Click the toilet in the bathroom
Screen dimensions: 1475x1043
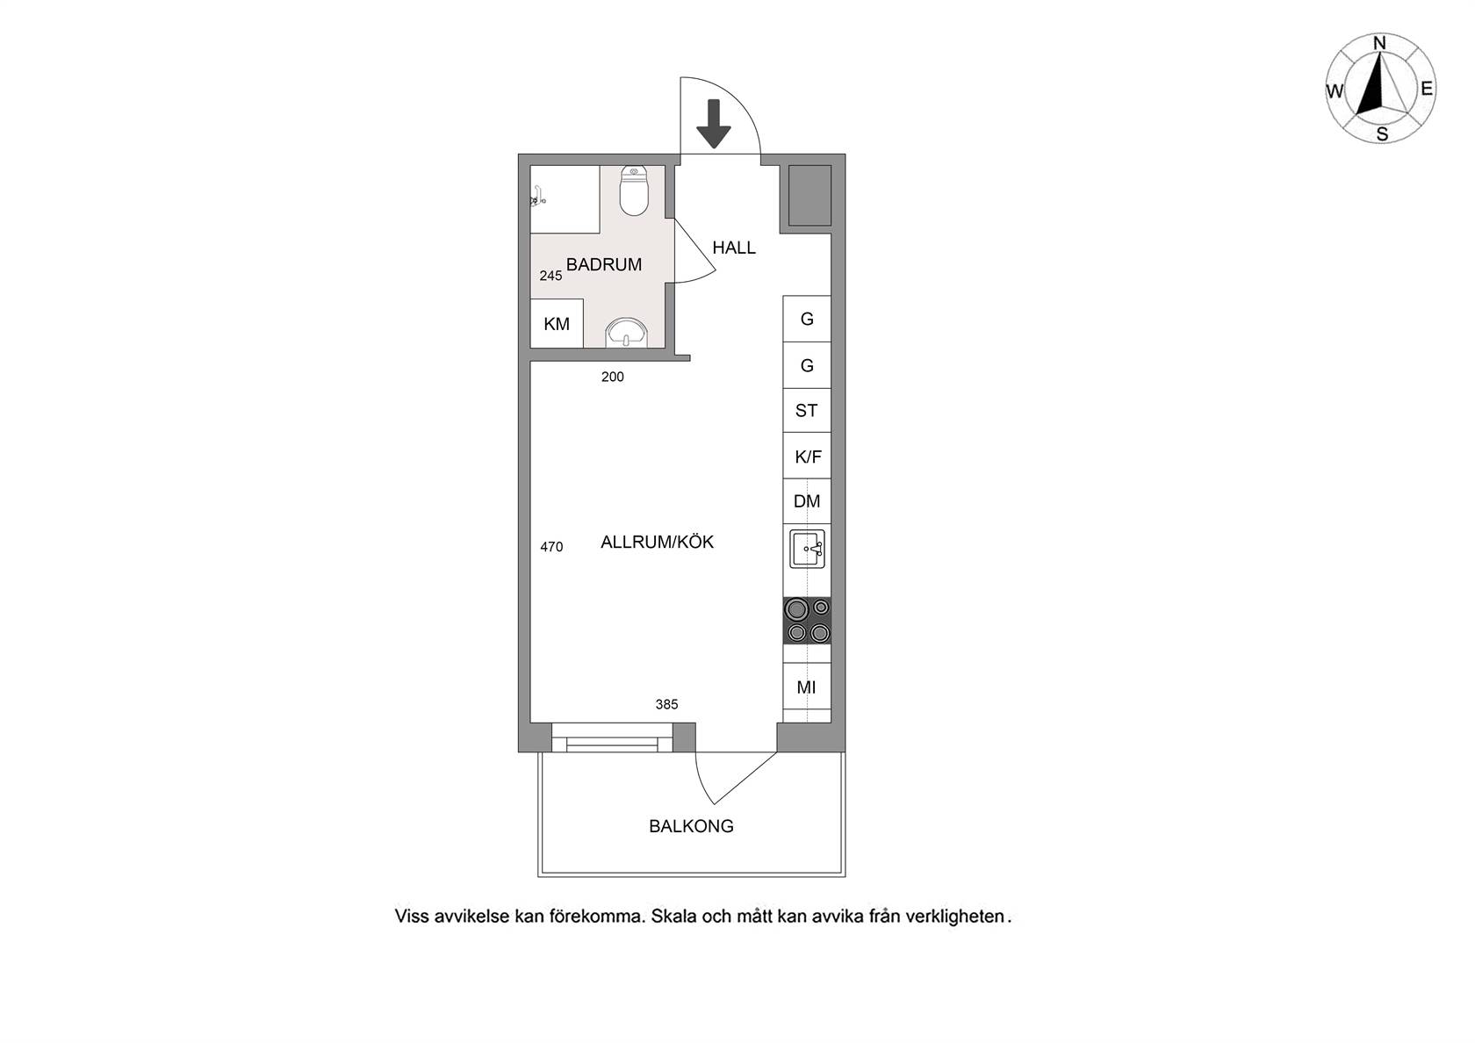[634, 191]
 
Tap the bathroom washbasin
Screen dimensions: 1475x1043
[626, 333]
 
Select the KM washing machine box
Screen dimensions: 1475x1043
[557, 323]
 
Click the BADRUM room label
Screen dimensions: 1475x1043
[604, 265]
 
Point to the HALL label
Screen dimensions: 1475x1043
[734, 248]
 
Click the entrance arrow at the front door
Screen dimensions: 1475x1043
[714, 124]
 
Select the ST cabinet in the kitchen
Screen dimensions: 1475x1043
[807, 410]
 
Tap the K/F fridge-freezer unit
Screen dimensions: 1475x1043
[807, 456]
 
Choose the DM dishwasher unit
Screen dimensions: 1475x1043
[807, 501]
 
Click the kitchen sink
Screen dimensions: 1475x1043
[808, 549]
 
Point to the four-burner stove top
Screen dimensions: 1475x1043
[808, 620]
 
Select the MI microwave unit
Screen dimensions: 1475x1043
[807, 687]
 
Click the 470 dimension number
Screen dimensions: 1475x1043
[551, 546]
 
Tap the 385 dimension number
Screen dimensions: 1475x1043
[666, 704]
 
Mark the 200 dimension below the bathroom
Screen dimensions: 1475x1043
[613, 377]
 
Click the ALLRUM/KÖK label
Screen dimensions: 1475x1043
[657, 542]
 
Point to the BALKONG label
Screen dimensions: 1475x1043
[692, 826]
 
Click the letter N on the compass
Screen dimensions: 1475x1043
[1379, 44]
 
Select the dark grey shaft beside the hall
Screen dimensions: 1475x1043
[809, 196]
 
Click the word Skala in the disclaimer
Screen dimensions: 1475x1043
[673, 916]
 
